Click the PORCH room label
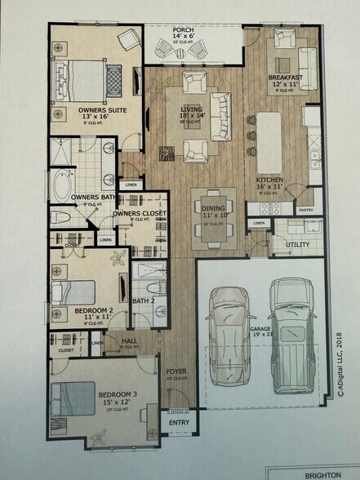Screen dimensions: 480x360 183,30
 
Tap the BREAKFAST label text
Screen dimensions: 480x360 285,77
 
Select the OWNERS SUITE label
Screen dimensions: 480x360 101,109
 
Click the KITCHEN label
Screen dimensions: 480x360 269,179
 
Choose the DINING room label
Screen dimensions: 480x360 213,207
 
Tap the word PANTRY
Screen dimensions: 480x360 306,210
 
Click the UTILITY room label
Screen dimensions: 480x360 296,244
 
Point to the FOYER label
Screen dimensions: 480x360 177,371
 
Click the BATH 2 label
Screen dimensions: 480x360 144,301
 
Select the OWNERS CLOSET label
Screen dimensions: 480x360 140,213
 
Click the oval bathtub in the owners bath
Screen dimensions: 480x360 62,184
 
